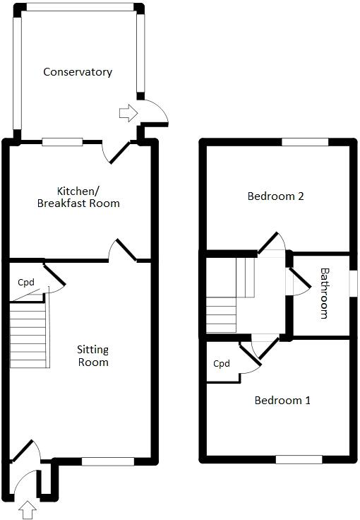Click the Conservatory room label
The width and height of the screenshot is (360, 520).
[x=78, y=72]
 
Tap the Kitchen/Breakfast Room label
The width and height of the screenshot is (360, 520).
[x=88, y=197]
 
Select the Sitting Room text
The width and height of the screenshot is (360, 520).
[x=93, y=355]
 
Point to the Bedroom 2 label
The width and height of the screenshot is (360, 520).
[x=275, y=196]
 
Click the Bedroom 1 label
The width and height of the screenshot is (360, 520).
[x=282, y=401]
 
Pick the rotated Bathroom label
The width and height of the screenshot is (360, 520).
[x=325, y=292]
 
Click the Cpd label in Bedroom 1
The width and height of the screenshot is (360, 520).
[x=222, y=364]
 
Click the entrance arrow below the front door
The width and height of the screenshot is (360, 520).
[x=28, y=509]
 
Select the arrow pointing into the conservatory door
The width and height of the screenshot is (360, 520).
[x=128, y=112]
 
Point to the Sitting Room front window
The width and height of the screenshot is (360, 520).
[x=107, y=462]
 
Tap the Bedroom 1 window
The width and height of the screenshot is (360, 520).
[x=299, y=459]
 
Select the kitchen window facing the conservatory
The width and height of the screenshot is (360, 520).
[x=62, y=142]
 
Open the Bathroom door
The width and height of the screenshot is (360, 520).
[x=299, y=280]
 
